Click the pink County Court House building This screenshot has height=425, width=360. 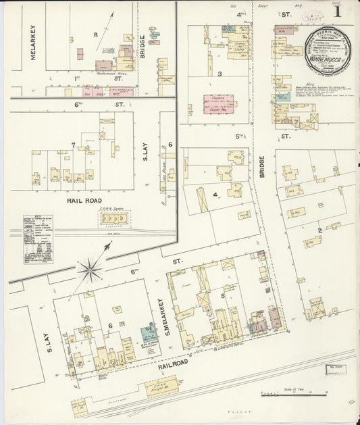tap(219, 103)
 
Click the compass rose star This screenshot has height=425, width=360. tap(89, 270)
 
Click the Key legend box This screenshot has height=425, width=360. tap(38, 239)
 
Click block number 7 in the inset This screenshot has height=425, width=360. tap(73, 145)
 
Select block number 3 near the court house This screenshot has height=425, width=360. tap(219, 74)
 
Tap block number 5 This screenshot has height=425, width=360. tap(222, 295)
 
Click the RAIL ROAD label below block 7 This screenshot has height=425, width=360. tap(84, 201)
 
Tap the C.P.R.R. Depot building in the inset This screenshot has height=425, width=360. tap(114, 218)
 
